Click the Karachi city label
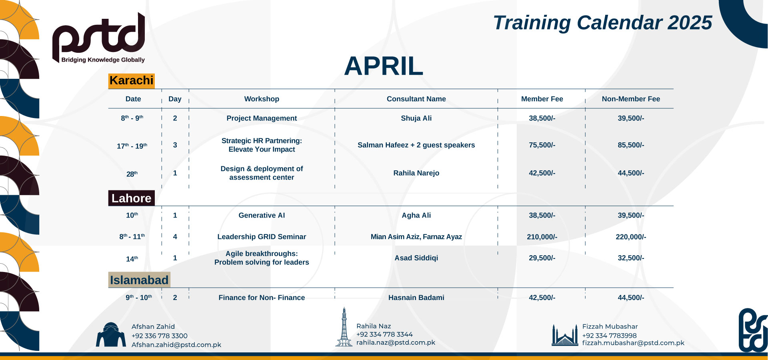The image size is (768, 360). pos(131,80)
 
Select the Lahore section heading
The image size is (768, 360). pos(131,198)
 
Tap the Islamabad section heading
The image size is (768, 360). pos(139,280)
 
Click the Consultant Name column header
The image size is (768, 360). pos(416,99)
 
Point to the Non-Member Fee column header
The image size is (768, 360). pos(631,99)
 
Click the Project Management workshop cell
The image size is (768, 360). pos(262,118)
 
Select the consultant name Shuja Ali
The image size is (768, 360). pos(416,118)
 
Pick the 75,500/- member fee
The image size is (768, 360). pos(542,145)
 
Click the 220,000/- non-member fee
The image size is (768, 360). pos(631,237)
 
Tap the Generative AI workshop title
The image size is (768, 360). pos(262,215)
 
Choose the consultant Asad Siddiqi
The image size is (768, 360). pos(416,258)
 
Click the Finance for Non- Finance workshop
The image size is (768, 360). pos(262,298)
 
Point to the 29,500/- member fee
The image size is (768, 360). pos(542,258)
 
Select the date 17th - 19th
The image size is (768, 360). pos(132,146)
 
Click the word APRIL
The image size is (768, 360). pos(383,66)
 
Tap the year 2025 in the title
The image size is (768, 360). pos(690,23)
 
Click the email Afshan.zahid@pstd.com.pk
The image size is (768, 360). pos(176,345)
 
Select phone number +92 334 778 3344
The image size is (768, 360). pos(384,334)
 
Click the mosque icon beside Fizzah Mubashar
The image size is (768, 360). pos(564,335)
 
